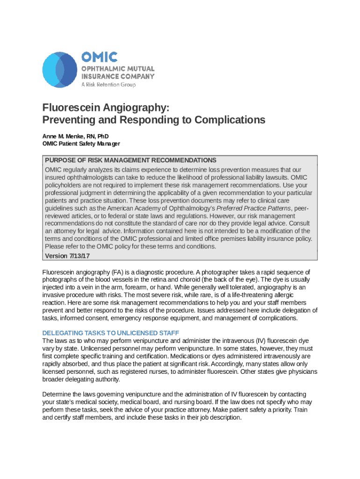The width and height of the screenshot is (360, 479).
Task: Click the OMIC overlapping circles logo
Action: tap(59, 70)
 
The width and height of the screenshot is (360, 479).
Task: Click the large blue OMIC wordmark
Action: tap(100, 58)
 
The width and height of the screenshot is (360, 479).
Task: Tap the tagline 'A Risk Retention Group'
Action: tap(108, 85)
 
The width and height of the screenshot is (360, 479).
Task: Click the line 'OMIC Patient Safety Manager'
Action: tap(81, 144)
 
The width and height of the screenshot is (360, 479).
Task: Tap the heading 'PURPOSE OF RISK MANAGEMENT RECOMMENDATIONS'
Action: tap(130, 160)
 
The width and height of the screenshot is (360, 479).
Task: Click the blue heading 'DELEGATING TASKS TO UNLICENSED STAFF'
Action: tap(111, 333)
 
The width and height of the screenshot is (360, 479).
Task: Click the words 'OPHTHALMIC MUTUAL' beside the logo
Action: tap(118, 69)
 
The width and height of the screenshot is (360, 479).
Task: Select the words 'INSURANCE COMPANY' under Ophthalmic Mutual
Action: tap(118, 76)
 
